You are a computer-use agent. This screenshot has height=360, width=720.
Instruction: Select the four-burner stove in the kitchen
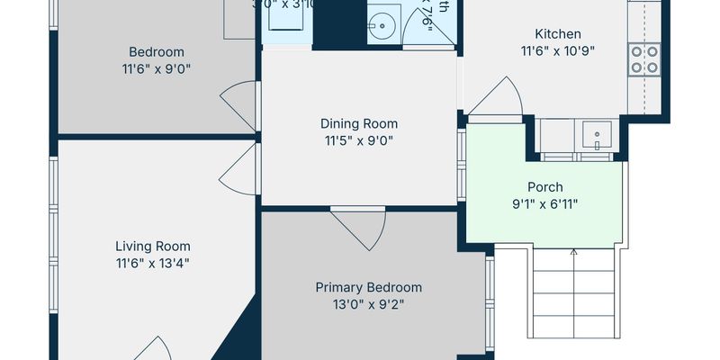643,58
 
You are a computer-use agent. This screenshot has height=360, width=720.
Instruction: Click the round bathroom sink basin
382,24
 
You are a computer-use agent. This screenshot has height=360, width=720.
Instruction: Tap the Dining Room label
359,123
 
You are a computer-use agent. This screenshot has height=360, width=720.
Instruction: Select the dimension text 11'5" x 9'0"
359,140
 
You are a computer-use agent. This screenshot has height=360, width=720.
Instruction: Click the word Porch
544,187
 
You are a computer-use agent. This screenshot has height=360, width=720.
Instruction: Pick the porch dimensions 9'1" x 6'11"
544,204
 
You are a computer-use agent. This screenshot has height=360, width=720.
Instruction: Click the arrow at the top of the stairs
574,253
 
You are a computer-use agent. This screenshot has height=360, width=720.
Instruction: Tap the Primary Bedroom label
368,287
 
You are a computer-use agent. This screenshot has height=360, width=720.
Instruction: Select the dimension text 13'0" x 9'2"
368,304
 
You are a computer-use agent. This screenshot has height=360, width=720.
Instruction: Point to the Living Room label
152,246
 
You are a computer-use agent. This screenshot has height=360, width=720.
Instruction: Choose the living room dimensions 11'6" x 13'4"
152,263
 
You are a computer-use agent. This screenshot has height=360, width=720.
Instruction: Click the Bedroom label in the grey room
156,51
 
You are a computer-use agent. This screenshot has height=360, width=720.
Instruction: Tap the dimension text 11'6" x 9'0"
156,68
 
